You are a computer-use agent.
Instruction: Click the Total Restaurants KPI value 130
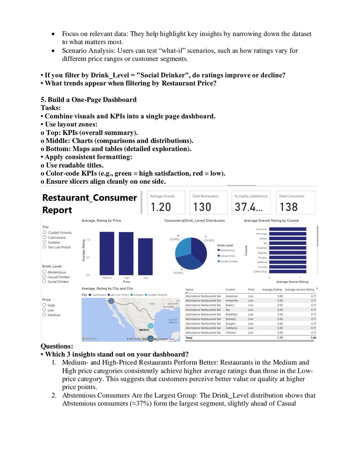coord(202,207)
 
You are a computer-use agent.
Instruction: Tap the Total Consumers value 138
coord(289,207)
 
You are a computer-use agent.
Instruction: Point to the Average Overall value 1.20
coord(160,207)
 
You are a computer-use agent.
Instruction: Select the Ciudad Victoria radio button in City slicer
coord(44,232)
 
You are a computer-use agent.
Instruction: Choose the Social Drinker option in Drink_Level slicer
coord(44,281)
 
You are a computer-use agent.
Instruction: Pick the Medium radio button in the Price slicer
coord(44,315)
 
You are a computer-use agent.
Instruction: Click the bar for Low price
coord(145,256)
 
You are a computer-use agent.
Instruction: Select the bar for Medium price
coord(107,253)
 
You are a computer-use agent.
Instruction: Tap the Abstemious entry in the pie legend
coord(227,250)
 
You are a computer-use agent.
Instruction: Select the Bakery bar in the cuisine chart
coord(287,238)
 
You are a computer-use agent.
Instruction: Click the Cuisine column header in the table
coord(231,290)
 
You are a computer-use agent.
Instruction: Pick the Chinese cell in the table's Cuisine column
coord(231,333)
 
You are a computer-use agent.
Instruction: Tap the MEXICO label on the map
coord(144,330)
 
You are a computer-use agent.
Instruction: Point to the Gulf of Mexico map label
coord(173,321)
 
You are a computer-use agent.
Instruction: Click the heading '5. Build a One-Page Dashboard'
coord(89,100)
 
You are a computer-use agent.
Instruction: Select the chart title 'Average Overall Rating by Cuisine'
coord(271,221)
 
